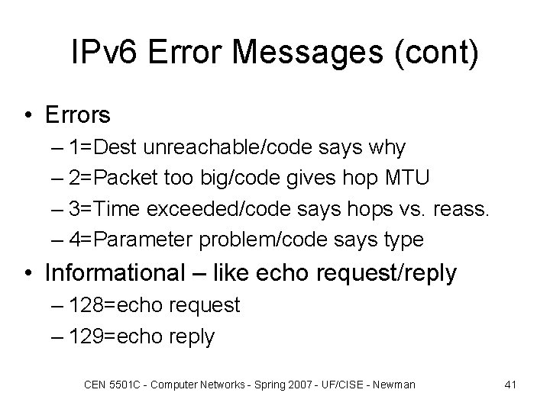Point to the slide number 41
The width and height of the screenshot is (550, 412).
511,385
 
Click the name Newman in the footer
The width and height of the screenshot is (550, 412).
394,385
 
